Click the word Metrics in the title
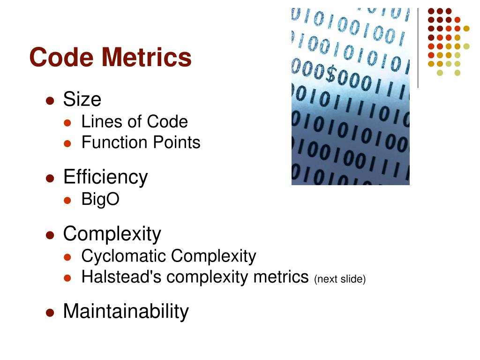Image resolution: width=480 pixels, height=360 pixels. [x=147, y=57]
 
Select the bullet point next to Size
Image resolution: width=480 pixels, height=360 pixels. [x=50, y=101]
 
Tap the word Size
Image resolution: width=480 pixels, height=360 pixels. [x=82, y=99]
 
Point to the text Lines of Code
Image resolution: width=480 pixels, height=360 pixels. [x=135, y=122]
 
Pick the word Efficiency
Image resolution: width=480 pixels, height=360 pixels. [x=105, y=177]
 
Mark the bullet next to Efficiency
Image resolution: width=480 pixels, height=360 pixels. [x=50, y=179]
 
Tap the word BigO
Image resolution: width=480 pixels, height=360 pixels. [x=100, y=200]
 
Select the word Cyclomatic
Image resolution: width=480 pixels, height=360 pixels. [x=124, y=256]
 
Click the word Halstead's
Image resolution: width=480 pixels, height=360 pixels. [x=122, y=277]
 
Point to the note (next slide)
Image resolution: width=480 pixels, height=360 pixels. [x=339, y=279]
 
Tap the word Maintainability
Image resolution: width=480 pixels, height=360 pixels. [x=126, y=311]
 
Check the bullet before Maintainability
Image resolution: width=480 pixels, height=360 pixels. [x=50, y=313]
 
